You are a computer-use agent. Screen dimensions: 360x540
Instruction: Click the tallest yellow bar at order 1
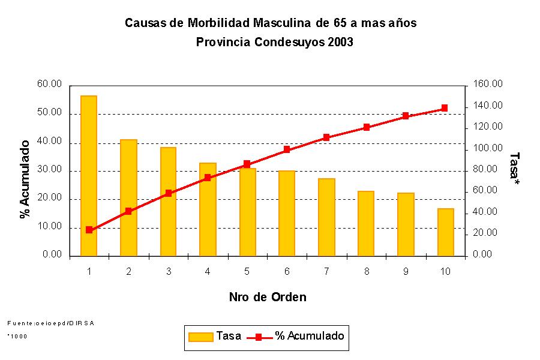point(89,175)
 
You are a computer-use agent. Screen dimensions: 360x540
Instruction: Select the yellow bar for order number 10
point(445,232)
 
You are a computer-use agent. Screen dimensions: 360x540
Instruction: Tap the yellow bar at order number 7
point(326,217)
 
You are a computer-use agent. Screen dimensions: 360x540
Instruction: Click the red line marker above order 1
point(89,230)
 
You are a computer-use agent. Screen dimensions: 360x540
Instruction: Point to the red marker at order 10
point(445,108)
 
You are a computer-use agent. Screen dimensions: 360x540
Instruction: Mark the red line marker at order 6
point(287,149)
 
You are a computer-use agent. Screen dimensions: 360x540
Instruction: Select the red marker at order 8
point(366,127)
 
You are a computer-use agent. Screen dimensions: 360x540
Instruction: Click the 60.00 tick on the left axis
point(49,85)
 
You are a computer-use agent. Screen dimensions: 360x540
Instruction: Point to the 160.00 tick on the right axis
point(487,85)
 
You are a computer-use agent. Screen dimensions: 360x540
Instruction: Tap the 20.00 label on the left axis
point(49,199)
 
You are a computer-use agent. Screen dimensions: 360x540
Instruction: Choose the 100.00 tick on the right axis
point(487,148)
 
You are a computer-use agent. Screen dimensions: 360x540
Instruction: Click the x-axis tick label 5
point(247,272)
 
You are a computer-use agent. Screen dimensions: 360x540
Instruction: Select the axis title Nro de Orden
point(268,297)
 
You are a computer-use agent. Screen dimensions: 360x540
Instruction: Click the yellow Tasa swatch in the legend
point(200,337)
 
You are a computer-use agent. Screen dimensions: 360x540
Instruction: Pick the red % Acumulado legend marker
point(258,337)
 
